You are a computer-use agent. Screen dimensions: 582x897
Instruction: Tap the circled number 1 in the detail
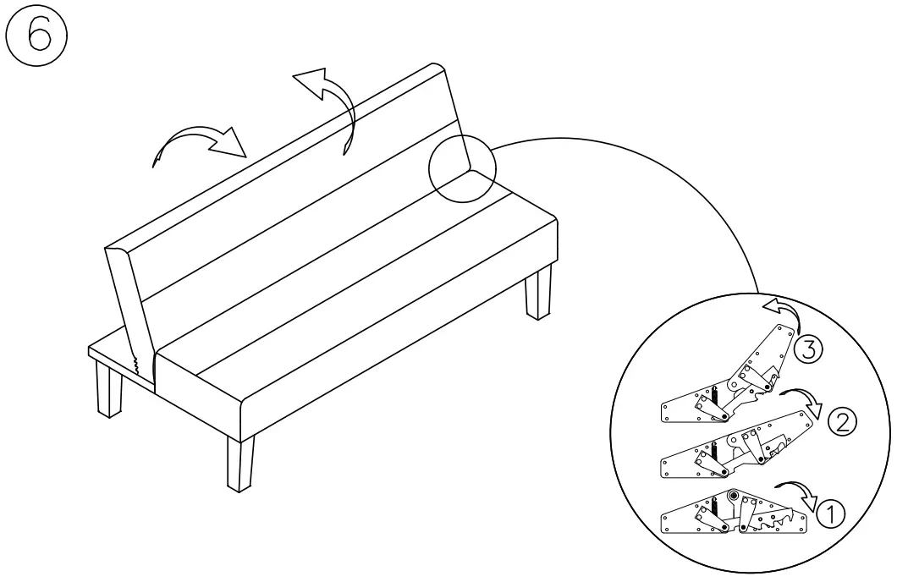830,512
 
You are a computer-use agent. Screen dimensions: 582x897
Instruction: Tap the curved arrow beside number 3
782,308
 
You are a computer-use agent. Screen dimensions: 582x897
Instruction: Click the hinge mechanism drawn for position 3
728,389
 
